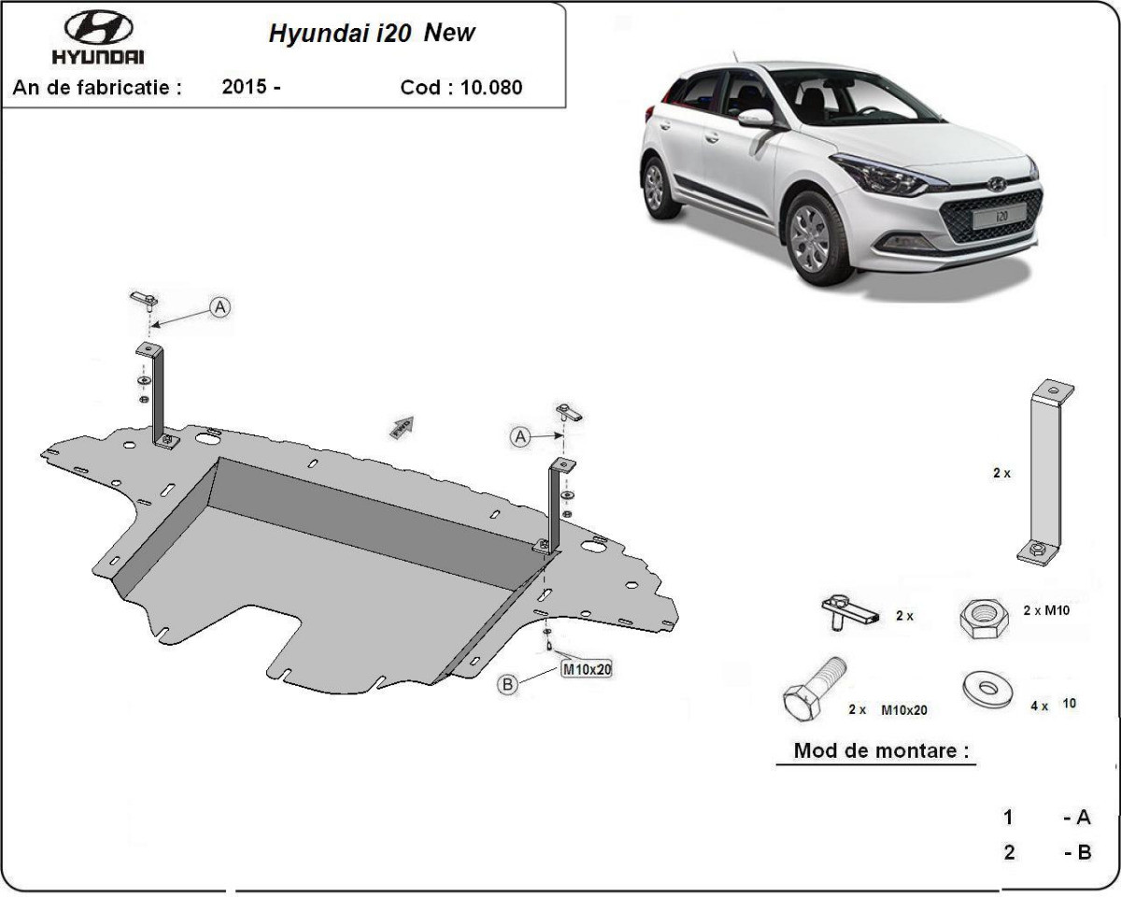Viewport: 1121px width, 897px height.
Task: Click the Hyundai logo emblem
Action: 98,28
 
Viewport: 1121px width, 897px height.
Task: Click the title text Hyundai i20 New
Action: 372,34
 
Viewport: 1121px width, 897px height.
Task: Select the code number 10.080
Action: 491,88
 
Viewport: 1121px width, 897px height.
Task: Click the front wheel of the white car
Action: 809,237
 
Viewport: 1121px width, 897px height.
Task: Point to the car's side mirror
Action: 755,119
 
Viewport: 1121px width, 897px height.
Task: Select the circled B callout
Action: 508,685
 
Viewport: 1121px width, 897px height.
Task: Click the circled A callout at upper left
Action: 220,306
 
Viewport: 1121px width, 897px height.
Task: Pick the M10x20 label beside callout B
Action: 586,669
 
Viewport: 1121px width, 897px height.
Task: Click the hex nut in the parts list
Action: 983,618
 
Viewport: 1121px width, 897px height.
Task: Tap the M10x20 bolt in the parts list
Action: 813,689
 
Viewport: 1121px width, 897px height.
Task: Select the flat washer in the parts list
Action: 989,690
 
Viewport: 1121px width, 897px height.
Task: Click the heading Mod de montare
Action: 880,750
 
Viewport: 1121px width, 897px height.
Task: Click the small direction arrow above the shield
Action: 402,427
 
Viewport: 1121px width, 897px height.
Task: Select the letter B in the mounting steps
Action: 1084,852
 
